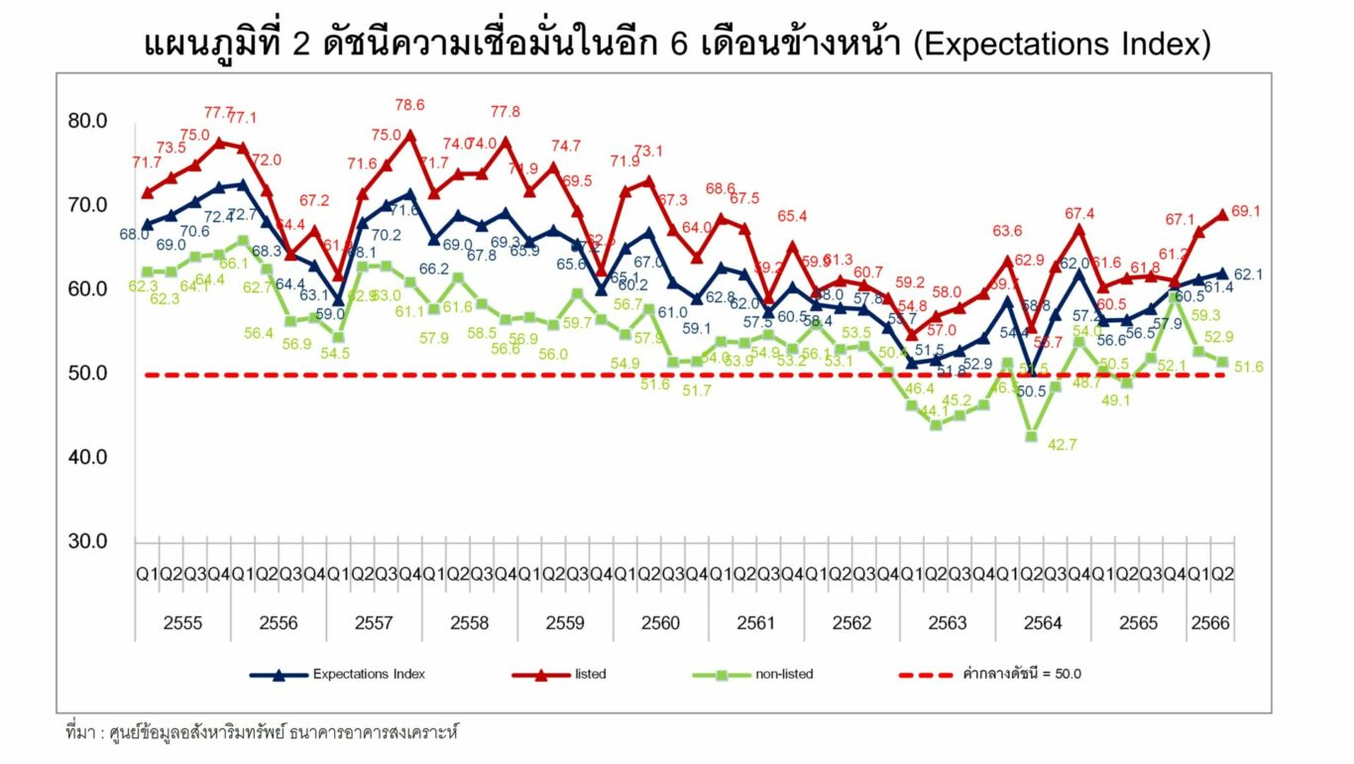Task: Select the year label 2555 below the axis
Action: (182, 623)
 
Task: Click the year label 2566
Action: (1210, 623)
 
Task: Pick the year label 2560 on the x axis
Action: (660, 623)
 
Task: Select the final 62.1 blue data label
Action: (1248, 274)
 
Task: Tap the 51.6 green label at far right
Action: (1249, 367)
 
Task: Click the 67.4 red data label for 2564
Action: (1078, 213)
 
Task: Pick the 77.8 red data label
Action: (505, 112)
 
